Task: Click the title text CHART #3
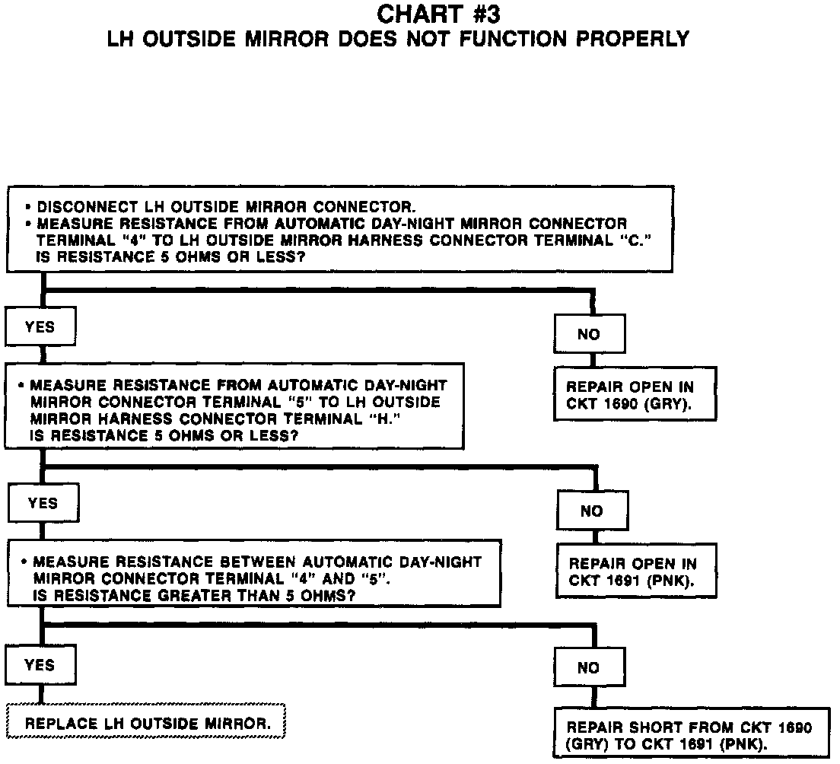(439, 14)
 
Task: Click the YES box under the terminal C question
(40, 327)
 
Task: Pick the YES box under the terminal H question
(43, 503)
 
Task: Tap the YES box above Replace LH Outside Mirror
(40, 665)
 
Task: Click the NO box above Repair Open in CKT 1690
(589, 334)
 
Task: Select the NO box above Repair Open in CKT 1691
(592, 511)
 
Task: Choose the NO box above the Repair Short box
(589, 668)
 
